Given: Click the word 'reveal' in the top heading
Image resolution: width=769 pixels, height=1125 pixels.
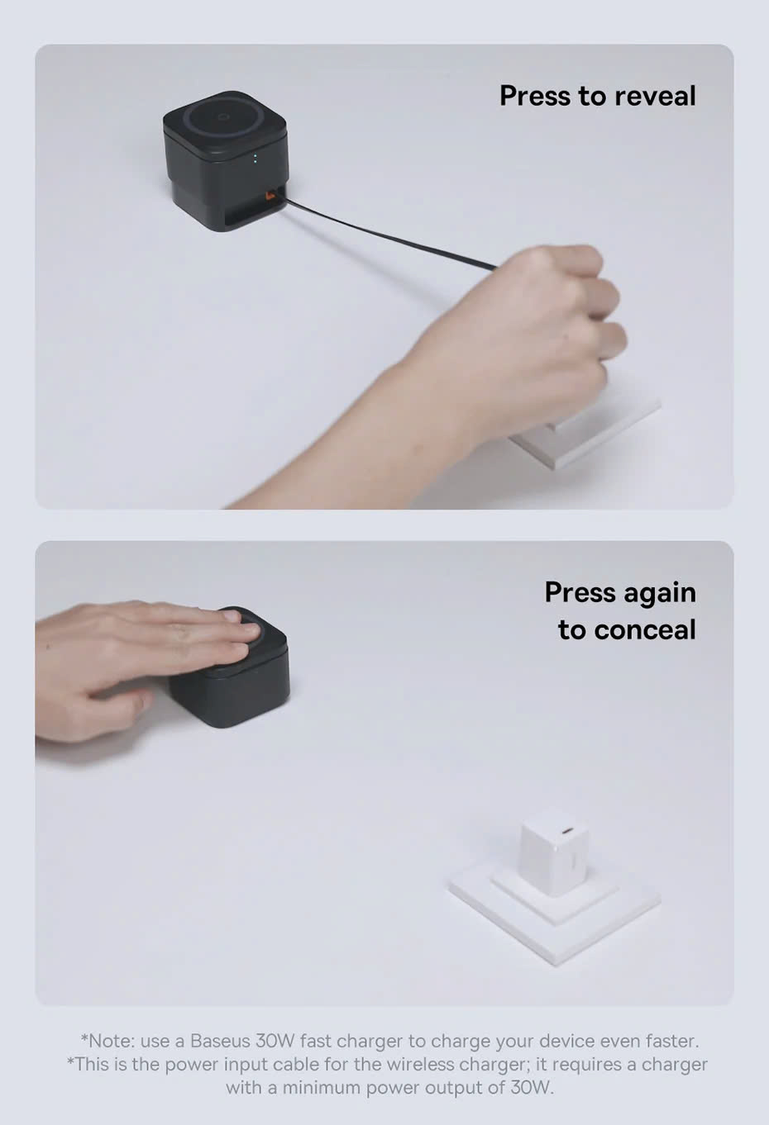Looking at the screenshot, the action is click(656, 96).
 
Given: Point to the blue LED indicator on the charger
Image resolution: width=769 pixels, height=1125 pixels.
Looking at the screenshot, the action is click(256, 159).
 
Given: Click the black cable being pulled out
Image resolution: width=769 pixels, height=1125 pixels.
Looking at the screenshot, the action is click(389, 234).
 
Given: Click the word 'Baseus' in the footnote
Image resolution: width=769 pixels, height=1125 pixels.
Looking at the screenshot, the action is click(220, 1041).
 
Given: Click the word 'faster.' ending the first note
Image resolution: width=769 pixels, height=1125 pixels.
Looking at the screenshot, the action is click(672, 1041).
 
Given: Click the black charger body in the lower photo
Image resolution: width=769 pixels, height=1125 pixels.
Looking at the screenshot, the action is click(229, 683).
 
